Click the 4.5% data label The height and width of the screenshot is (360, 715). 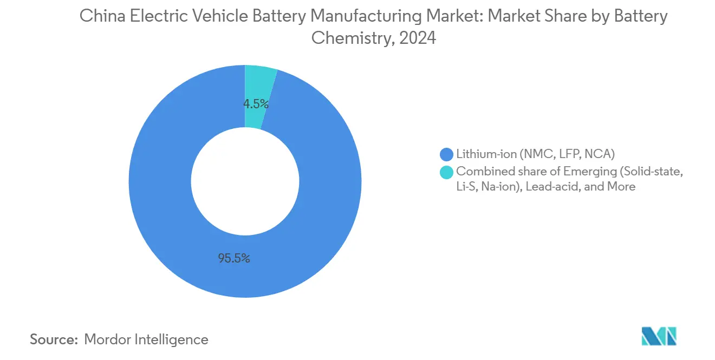256,104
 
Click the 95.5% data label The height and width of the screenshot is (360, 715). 234,259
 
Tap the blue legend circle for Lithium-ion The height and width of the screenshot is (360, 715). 447,154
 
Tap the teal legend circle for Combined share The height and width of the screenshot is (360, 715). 447,172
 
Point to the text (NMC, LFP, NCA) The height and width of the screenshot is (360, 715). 566,154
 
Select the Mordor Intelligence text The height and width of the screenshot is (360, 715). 146,339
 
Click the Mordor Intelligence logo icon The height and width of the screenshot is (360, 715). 659,336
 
